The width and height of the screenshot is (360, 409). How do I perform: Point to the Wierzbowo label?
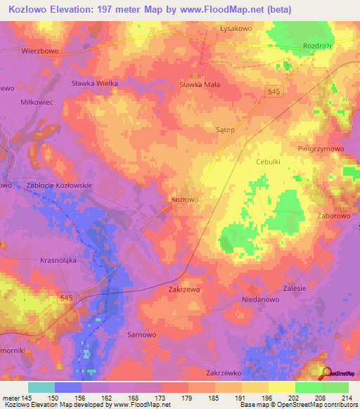(39, 51)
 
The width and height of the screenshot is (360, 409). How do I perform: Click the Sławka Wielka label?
(94, 83)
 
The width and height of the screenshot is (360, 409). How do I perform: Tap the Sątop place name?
(224, 130)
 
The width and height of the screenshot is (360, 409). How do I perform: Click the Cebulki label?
(267, 161)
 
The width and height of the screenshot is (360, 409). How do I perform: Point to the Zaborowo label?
(333, 216)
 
